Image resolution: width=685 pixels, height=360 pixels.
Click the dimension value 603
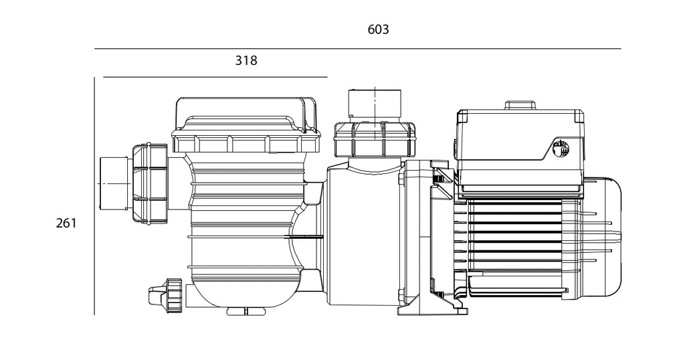[x=379, y=29]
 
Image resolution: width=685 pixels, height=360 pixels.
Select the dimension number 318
[x=246, y=60]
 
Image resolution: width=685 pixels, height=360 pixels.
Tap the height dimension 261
[x=66, y=223]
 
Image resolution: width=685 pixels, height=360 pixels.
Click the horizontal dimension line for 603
[x=357, y=48]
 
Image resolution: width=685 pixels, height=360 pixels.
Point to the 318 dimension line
[x=215, y=77]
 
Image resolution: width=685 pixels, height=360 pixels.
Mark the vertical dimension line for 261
[x=94, y=196]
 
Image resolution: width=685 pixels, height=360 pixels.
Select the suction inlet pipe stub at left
[x=115, y=183]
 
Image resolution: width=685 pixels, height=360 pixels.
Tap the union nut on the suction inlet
[x=149, y=184]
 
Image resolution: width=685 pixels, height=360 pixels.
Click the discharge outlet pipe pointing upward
[x=375, y=106]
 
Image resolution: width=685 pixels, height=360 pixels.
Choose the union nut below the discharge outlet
[x=375, y=139]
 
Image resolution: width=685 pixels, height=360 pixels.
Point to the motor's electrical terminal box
[x=520, y=149]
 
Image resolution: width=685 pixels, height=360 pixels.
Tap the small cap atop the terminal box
[x=520, y=105]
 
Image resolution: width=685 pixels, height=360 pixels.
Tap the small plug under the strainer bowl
[x=246, y=312]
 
